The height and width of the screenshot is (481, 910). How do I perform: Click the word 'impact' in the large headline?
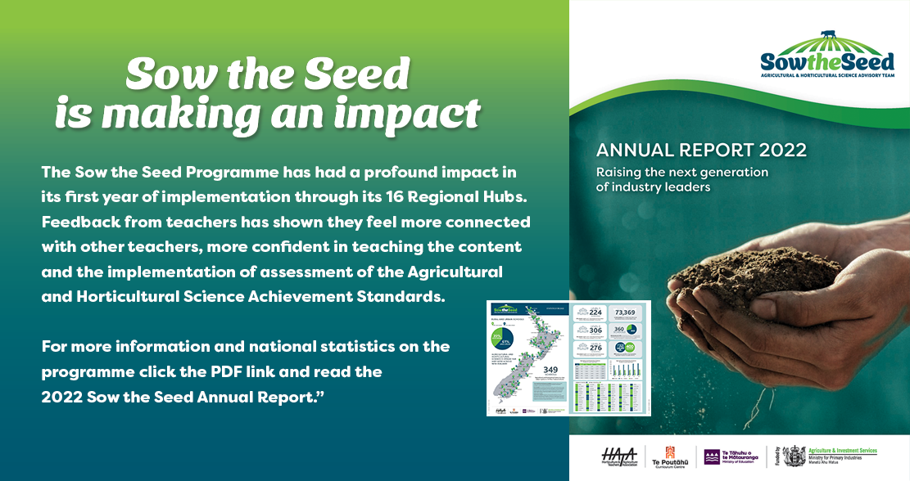coord(410,115)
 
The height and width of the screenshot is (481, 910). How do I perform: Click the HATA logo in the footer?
coord(619,455)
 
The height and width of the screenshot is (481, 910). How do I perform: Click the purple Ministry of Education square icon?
coord(711,455)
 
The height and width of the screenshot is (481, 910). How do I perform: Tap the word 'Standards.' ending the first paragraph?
coord(405,296)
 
